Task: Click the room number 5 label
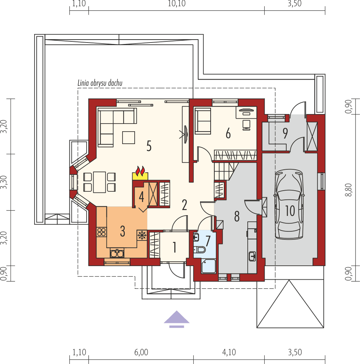(149, 146)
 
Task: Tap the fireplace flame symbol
(140, 172)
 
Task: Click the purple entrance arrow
(177, 318)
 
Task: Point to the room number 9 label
(285, 133)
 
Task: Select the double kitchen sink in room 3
(117, 253)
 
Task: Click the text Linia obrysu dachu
(99, 83)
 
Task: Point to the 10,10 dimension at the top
(177, 4)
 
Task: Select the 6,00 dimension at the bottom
(141, 353)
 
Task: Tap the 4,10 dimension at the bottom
(229, 353)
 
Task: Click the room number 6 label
(228, 134)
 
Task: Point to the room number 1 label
(174, 248)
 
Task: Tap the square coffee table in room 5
(129, 137)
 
